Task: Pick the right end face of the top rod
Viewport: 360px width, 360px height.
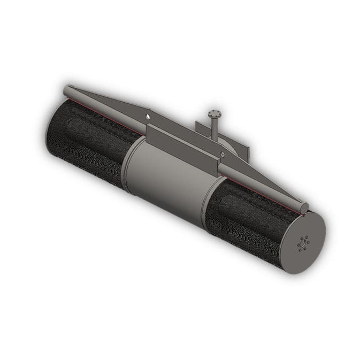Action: coord(303,208)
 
